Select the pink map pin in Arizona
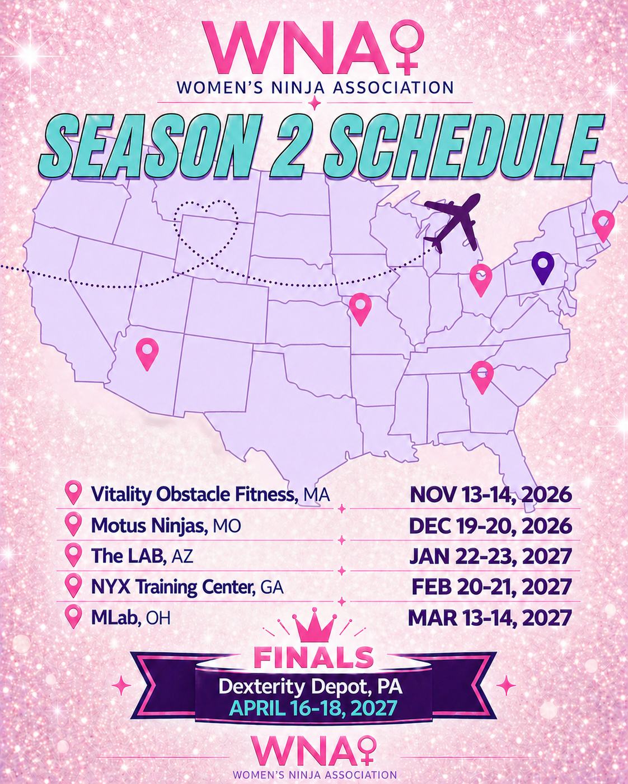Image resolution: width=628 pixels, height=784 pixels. (x=147, y=352)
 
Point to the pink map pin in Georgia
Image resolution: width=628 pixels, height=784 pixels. (x=482, y=375)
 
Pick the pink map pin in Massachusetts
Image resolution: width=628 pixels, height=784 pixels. (x=603, y=224)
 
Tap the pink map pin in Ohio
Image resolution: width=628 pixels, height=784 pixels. (x=481, y=278)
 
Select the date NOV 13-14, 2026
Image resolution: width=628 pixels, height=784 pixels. (x=491, y=494)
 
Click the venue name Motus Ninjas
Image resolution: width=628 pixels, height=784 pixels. (x=149, y=526)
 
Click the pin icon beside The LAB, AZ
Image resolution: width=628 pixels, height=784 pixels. (x=74, y=555)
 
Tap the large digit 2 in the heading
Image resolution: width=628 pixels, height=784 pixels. (x=287, y=146)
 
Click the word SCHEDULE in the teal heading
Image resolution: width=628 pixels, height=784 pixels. (x=463, y=145)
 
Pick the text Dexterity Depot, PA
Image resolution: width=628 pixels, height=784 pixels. (x=311, y=686)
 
